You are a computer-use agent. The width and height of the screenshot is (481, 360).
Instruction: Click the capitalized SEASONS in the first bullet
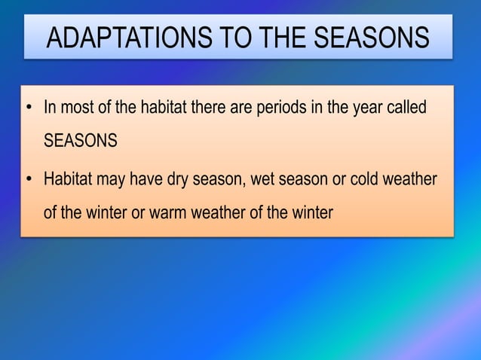[80, 141]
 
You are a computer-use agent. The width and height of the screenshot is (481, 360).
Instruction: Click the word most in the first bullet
[76, 108]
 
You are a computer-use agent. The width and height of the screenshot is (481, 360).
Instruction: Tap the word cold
[363, 181]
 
